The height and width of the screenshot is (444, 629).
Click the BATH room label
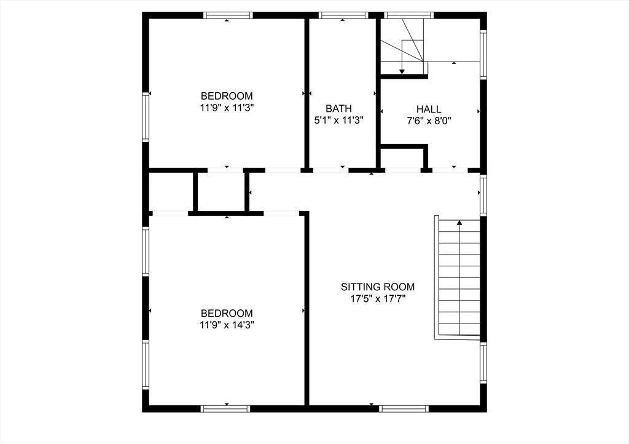tap(338, 108)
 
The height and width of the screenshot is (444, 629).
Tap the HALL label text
tap(429, 108)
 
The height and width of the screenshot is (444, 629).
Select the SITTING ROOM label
tap(378, 287)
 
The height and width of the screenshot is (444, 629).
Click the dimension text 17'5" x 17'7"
tap(378, 299)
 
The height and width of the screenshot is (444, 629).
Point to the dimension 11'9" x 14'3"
tap(227, 325)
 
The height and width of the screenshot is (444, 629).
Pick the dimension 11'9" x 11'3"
tap(227, 108)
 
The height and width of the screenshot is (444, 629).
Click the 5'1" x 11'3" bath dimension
tap(339, 121)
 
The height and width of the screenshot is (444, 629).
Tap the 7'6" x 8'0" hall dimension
tap(429, 121)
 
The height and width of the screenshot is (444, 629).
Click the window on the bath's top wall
tap(343, 15)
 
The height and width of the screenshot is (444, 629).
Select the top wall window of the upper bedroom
tap(228, 15)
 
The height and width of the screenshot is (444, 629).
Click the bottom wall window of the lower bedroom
tap(225, 408)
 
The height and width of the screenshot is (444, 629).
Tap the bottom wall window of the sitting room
tap(404, 408)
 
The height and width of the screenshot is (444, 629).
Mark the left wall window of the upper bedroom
tap(146, 116)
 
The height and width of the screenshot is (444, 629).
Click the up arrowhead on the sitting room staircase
tap(459, 223)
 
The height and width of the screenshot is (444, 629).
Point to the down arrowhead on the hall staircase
tap(402, 71)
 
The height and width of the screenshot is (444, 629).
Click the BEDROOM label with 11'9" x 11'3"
tap(227, 96)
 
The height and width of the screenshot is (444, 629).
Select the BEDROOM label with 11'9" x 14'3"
tap(227, 313)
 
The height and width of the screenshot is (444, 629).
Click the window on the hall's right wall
tap(483, 55)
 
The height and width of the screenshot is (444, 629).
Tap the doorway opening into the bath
tap(330, 170)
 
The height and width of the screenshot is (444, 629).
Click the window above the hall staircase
tap(409, 15)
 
